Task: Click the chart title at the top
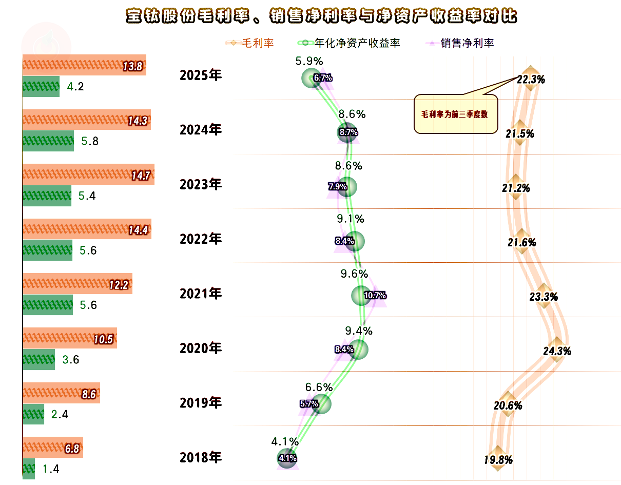pos(321,16)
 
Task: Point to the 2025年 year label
pos(201,75)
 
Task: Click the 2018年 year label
pos(201,457)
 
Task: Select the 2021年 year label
pos(201,294)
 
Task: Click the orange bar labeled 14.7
pos(88,174)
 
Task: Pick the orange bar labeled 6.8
pos(52,448)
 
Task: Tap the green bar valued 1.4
pos(29,469)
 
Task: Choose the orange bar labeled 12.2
pos(77,284)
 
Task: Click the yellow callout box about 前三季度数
pos(456,114)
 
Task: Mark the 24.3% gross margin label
pos(557,352)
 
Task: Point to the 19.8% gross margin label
pos(498,460)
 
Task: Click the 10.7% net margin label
pos(375,295)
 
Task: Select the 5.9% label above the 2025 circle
pos(309,61)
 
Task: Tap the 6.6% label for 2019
pos(319,387)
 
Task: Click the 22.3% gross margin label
pos(531,80)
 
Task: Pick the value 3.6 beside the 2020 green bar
pos(71,360)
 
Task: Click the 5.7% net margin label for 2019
pos(309,404)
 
